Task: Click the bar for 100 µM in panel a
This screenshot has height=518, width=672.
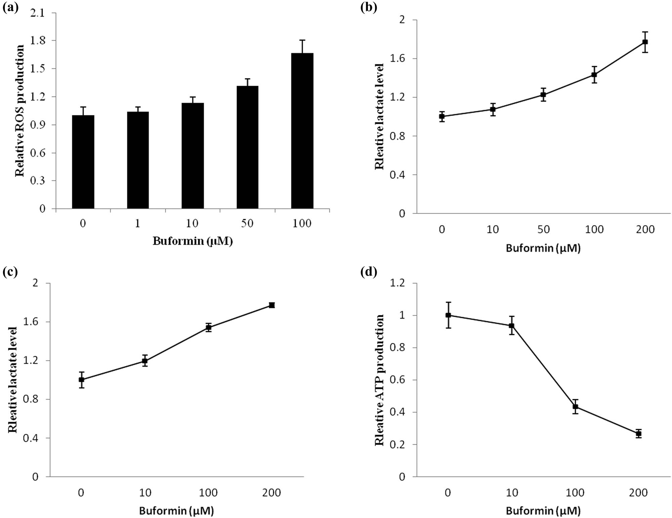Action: pyautogui.click(x=302, y=131)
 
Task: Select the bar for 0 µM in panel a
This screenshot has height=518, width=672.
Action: pyautogui.click(x=83, y=162)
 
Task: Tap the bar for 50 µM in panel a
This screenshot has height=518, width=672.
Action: pyautogui.click(x=247, y=147)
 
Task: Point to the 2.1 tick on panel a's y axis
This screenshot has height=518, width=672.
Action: pyautogui.click(x=38, y=13)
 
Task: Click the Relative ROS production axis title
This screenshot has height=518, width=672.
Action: pyautogui.click(x=20, y=111)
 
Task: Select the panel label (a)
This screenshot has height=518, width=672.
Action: pyautogui.click(x=10, y=6)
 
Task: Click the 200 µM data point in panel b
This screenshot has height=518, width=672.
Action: pyautogui.click(x=645, y=42)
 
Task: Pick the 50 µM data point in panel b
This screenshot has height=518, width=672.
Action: pyautogui.click(x=543, y=95)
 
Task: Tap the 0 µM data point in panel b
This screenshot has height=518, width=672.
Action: pyautogui.click(x=442, y=117)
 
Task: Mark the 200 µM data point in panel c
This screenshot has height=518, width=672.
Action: pyautogui.click(x=272, y=305)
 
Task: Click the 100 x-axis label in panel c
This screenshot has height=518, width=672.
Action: pyautogui.click(x=208, y=493)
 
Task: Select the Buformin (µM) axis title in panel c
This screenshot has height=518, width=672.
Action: pyautogui.click(x=176, y=511)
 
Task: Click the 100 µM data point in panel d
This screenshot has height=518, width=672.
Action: pyautogui.click(x=575, y=407)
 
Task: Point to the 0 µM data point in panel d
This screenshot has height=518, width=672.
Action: pyautogui.click(x=448, y=315)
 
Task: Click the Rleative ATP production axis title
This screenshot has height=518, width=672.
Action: pyautogui.click(x=380, y=380)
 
